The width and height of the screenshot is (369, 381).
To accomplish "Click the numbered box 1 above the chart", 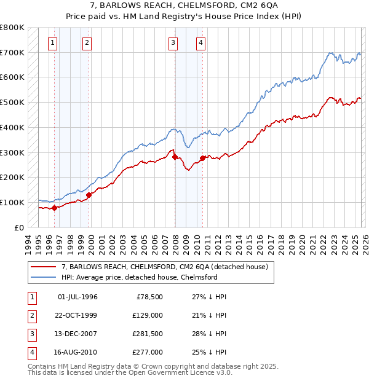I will (x=53, y=42).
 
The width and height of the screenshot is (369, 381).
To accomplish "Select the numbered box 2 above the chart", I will (x=87, y=42).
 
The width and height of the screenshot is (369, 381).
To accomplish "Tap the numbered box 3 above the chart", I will (x=173, y=42).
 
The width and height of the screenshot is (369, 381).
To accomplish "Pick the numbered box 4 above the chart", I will (x=201, y=42).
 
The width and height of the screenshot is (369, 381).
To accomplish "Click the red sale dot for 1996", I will (x=54, y=208).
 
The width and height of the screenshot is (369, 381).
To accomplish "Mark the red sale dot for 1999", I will (x=89, y=195).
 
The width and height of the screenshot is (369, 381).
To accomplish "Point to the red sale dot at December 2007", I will (x=175, y=157).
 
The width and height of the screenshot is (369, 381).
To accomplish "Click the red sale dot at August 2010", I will (x=202, y=158).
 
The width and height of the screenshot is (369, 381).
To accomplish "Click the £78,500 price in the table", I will (x=149, y=297).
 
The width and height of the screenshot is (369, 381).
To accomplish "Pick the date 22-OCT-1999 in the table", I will (x=77, y=315).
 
